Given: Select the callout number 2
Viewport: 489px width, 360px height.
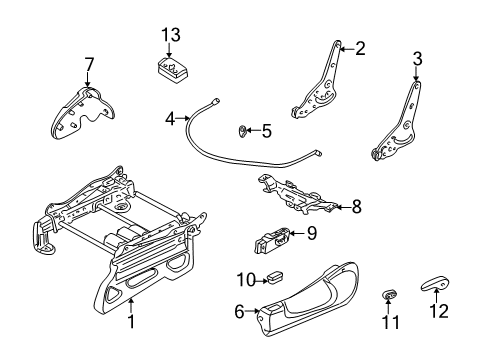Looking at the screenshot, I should coord(360,46).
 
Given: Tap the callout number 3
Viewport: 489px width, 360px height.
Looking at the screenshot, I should coord(417,58).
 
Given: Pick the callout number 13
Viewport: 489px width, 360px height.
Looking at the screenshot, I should coord(172,35).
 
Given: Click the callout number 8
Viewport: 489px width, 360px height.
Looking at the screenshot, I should coord(354,207).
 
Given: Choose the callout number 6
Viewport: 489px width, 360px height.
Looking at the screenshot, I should coord(239,311).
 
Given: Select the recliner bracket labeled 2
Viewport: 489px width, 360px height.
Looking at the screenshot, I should coord(322,85).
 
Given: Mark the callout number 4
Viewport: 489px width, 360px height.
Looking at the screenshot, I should coord(170,118).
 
